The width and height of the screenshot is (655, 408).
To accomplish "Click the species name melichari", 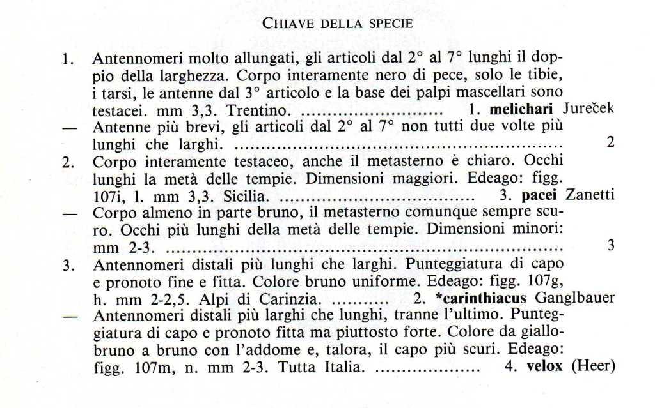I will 516,109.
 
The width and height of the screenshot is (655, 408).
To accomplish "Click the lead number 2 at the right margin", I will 610,142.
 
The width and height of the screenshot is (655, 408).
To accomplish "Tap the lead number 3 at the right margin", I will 610,245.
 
